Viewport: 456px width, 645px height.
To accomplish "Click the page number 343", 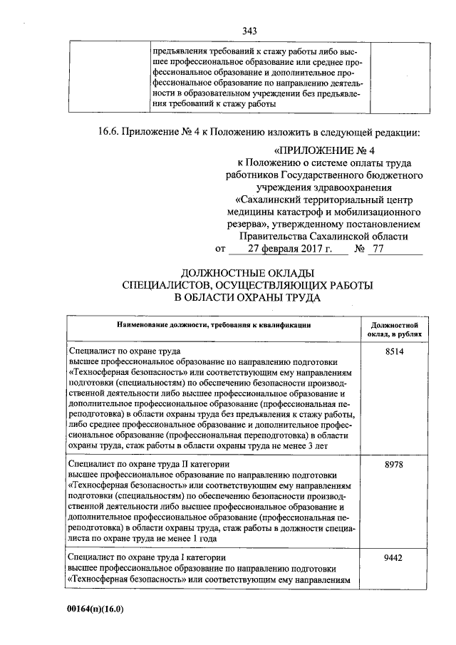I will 249,31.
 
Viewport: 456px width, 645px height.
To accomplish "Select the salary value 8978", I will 394,464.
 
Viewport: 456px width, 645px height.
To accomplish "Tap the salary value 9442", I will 394,557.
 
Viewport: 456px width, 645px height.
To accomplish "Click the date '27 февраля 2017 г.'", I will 291,249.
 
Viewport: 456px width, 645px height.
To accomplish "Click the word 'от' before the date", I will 219,249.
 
